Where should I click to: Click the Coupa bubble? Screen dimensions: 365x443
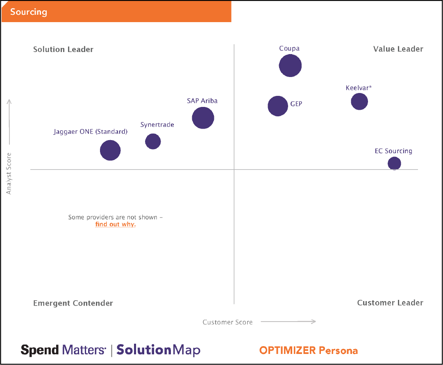coord(290,66)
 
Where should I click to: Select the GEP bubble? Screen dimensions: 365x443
coord(278,106)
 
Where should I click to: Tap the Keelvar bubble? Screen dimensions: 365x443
coord(359,102)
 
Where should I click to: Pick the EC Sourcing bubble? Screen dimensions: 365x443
coord(394,163)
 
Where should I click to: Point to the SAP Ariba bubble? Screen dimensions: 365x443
coord(203,118)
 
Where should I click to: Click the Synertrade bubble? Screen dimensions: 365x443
coord(153,141)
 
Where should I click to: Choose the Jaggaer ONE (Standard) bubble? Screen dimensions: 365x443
coord(110,150)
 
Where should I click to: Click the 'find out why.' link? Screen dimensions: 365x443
coord(115,224)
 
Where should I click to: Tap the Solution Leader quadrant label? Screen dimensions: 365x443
coord(63,50)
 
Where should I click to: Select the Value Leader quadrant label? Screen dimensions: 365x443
coord(398,49)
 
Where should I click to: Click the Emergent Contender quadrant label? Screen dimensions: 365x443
coord(73,304)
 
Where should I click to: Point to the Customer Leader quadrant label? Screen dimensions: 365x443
coord(390,303)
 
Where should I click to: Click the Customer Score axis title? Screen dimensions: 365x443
coord(227,322)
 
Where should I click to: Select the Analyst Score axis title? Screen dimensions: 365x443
coord(9,173)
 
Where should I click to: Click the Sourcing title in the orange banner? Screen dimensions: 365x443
coord(29,12)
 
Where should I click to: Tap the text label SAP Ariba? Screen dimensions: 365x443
coord(202,101)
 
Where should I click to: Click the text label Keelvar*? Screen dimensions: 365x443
coord(359,88)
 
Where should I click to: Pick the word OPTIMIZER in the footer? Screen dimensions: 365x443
coord(287,351)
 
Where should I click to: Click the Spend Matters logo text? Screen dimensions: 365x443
coord(63,350)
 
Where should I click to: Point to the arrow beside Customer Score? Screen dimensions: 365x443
coord(288,322)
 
